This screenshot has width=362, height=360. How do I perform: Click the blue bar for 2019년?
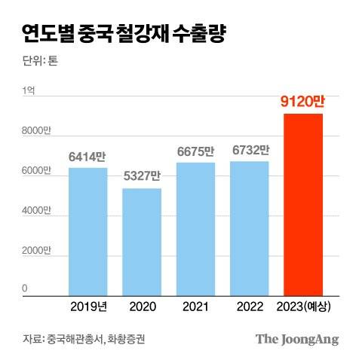[x=87, y=230]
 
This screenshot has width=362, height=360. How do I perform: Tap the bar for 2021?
[x=195, y=227]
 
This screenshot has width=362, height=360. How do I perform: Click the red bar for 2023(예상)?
[x=303, y=203]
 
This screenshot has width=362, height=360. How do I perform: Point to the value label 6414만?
[x=87, y=157]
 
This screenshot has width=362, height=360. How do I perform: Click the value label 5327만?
[x=142, y=178]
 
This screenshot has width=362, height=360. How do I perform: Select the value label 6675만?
[x=195, y=151]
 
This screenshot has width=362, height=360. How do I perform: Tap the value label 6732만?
[x=250, y=151]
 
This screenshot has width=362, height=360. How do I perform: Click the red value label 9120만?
[x=303, y=102]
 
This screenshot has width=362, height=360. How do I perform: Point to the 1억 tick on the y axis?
[x=29, y=91]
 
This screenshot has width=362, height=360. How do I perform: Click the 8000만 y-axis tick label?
[x=35, y=131]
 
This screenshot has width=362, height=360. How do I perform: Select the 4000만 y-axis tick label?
[x=35, y=211]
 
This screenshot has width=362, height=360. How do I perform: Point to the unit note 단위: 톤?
[x=40, y=62]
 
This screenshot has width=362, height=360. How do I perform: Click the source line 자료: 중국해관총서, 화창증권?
[x=84, y=338]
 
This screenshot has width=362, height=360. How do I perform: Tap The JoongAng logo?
[x=296, y=338]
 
